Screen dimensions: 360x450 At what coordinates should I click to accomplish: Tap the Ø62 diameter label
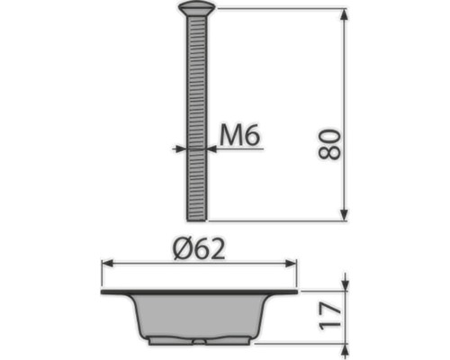tap(199, 249)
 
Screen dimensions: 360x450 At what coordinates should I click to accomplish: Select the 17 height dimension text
tap(330, 314)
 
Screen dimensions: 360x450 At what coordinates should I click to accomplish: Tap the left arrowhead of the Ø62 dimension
tap(105, 263)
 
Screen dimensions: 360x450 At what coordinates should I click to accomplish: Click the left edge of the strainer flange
tap(103, 292)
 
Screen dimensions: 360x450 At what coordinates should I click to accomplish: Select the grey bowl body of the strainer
tap(199, 315)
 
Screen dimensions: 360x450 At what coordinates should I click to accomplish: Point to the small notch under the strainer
tap(199, 343)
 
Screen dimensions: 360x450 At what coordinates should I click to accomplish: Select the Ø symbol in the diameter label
tap(180, 249)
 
